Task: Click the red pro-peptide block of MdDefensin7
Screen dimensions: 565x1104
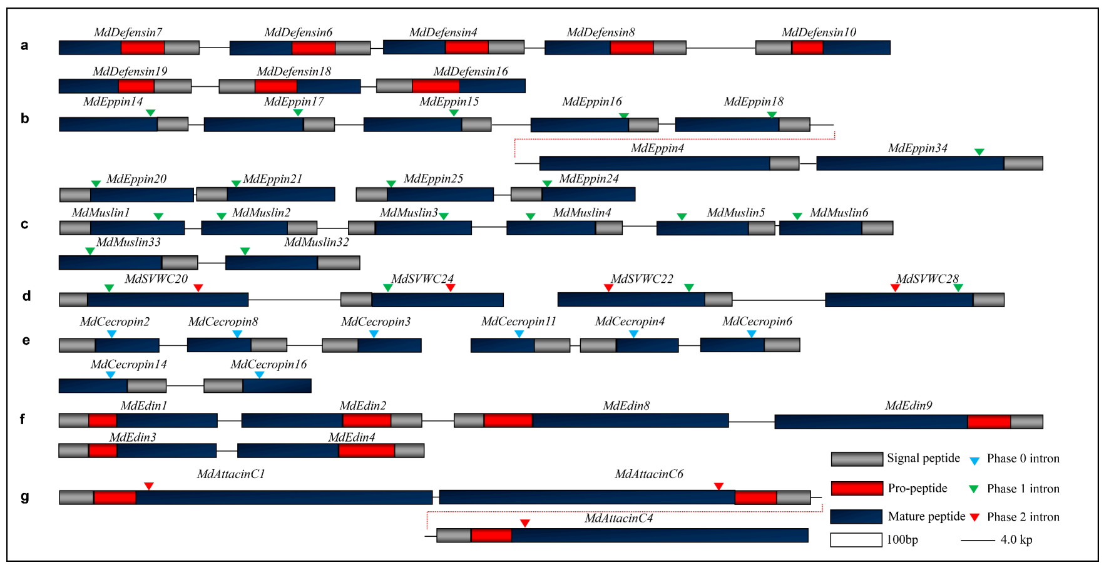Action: pos(143,48)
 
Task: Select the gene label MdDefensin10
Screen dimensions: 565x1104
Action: pos(819,33)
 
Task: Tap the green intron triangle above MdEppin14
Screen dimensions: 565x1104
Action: pos(150,113)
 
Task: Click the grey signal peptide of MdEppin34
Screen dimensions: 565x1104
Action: pos(1023,163)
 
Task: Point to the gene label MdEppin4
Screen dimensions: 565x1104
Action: pos(657,148)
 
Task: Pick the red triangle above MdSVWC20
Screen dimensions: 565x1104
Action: pos(198,288)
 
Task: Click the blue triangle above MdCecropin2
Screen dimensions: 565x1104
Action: pos(111,334)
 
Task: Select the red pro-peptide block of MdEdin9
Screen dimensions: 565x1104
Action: pos(989,422)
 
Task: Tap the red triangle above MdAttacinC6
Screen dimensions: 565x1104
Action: pos(718,486)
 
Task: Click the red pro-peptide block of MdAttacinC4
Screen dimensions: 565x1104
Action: pos(491,535)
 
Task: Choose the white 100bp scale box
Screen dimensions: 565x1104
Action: pos(856,539)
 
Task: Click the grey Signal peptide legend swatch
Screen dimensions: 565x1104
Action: pos(857,459)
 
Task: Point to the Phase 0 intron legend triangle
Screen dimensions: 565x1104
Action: pos(974,461)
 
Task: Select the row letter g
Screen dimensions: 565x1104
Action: pos(25,497)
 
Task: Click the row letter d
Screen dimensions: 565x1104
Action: pos(26,296)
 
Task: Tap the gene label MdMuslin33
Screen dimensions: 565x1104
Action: pos(128,242)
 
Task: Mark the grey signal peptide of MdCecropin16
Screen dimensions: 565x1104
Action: pos(223,385)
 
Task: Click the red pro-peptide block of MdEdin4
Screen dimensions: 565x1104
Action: pos(366,450)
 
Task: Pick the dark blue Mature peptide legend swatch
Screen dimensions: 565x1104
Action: pos(856,516)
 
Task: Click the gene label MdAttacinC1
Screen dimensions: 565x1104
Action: pos(231,474)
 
